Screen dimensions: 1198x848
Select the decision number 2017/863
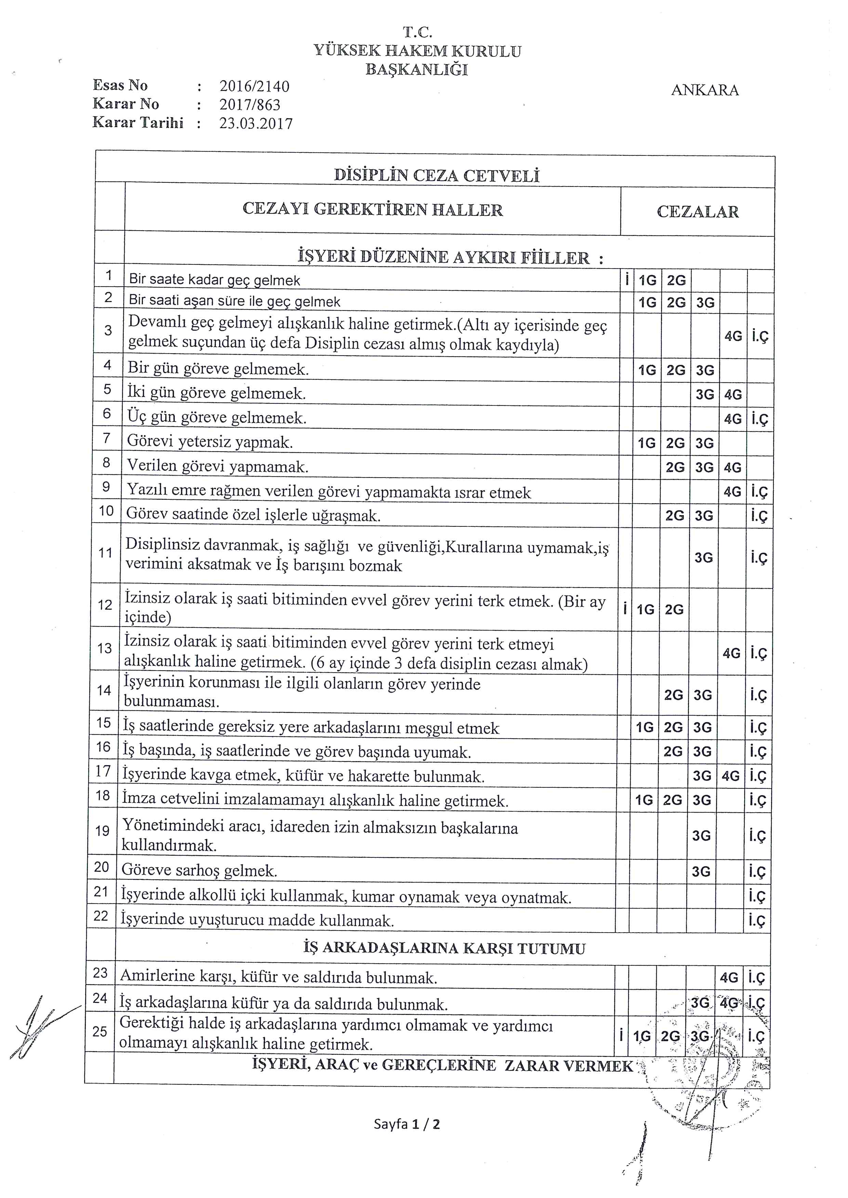[x=250, y=105]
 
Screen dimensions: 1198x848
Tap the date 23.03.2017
[x=255, y=124]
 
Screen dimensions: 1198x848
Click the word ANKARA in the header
[x=704, y=90]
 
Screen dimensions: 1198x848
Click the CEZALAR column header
[x=698, y=212]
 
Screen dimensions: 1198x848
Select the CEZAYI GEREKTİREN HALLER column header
[x=373, y=210]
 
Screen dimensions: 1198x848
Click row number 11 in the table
[x=105, y=553]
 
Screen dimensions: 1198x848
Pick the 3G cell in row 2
[x=705, y=303]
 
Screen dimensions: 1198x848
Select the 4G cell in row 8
[x=733, y=468]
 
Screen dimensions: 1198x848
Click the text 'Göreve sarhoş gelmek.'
[x=199, y=870]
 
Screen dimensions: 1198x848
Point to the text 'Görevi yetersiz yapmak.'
[x=210, y=442]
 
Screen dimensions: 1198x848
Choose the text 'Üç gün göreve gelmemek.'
[x=217, y=417]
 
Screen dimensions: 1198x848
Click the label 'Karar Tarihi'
[x=138, y=123]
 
